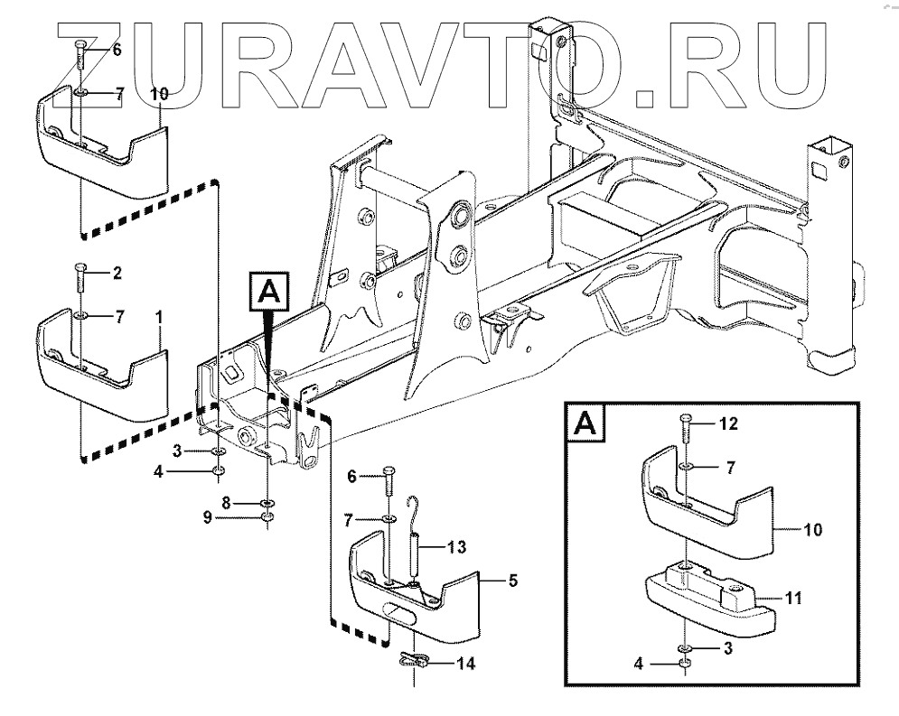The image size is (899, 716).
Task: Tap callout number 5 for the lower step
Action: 512,581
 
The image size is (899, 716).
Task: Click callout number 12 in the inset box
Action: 729,423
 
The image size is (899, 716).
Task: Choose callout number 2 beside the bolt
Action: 117,271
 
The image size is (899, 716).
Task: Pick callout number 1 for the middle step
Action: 159,317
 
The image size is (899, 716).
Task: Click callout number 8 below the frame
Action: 229,501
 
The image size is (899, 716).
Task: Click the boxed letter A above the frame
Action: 267,292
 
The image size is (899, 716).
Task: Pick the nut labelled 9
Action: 268,518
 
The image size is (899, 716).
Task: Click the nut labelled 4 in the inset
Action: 686,665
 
